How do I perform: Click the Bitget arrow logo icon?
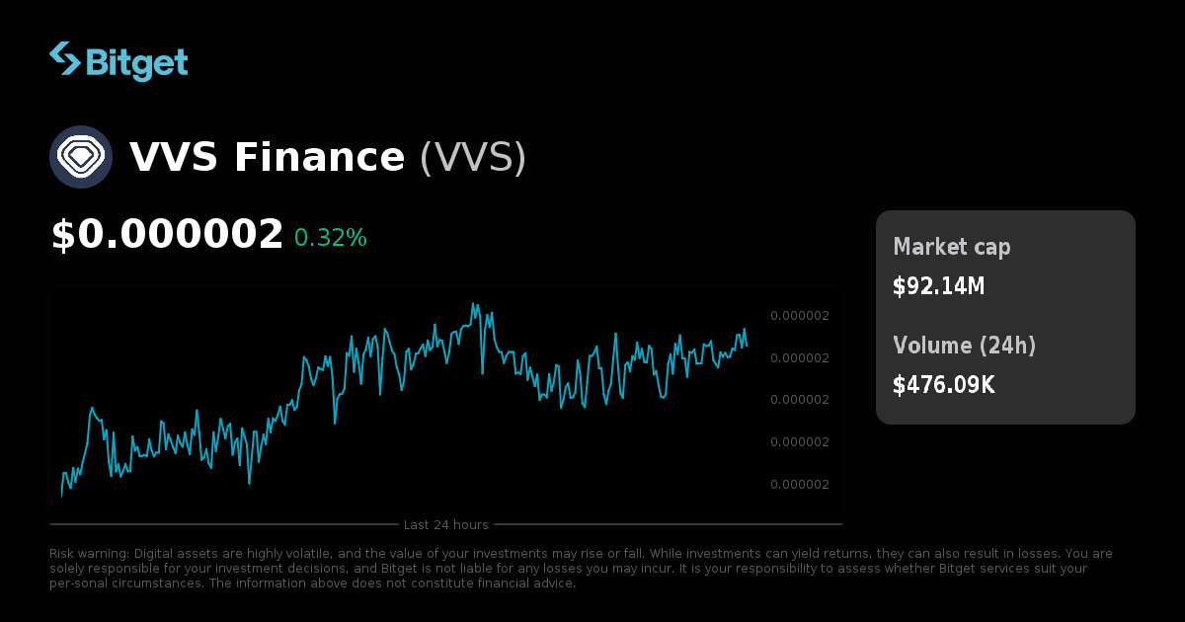(x=65, y=59)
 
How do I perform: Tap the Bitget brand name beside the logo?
(x=136, y=62)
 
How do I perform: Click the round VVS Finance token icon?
(x=81, y=157)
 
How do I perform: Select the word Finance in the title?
(x=319, y=158)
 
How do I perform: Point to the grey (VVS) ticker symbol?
(x=473, y=158)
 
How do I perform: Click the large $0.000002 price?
(x=167, y=235)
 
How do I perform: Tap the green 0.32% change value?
(x=331, y=238)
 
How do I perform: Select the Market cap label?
(x=952, y=247)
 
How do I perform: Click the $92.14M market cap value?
(x=939, y=286)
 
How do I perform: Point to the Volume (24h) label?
(x=965, y=346)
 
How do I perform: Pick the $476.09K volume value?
(x=944, y=385)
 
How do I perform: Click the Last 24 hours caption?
(x=446, y=525)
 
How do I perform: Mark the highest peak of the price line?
(x=475, y=303)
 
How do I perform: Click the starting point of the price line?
(x=61, y=496)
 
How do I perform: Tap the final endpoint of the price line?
(x=747, y=346)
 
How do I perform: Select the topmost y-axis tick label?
(x=800, y=316)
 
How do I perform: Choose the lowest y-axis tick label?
(x=800, y=485)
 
